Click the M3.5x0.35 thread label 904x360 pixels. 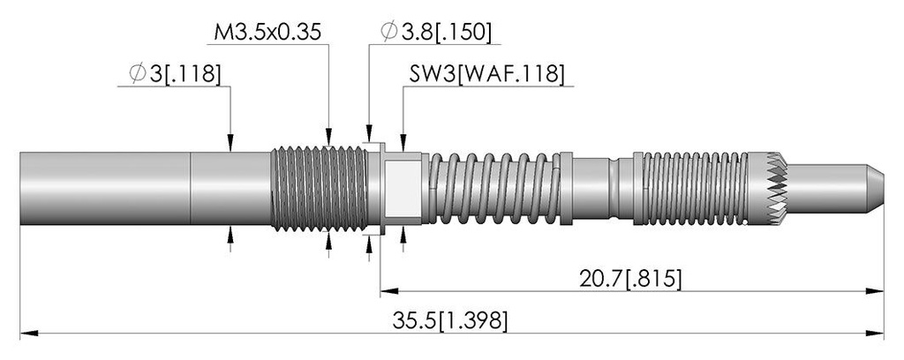pos(267,33)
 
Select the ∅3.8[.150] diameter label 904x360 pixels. pos(436,33)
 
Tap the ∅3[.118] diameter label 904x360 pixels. pos(175,74)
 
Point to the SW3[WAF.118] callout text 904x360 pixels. pos(486,74)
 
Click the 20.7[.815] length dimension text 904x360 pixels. pos(630,279)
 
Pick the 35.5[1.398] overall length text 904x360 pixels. pos(449,321)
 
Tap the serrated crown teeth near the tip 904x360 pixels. pos(776,188)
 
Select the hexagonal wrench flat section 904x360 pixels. pos(403,188)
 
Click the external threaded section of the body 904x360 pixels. pos(319,188)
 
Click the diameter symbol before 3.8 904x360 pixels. pos(389,33)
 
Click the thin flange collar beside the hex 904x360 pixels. pos(381,188)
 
